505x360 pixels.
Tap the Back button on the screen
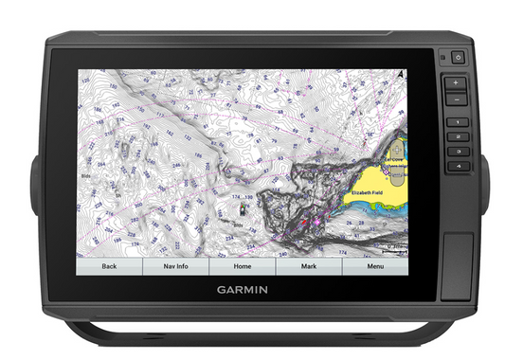(x=109, y=266)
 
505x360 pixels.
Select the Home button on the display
(x=242, y=266)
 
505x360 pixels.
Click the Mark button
(x=308, y=266)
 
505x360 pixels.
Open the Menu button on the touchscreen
(x=375, y=266)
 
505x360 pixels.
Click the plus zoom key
(x=456, y=82)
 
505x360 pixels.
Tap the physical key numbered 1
(x=456, y=122)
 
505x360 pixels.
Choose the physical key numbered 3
(x=456, y=152)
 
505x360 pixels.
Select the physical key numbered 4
(x=456, y=166)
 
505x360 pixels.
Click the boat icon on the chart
(x=244, y=203)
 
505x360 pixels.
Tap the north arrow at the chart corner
(x=402, y=73)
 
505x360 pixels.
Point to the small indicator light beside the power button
(x=443, y=58)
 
